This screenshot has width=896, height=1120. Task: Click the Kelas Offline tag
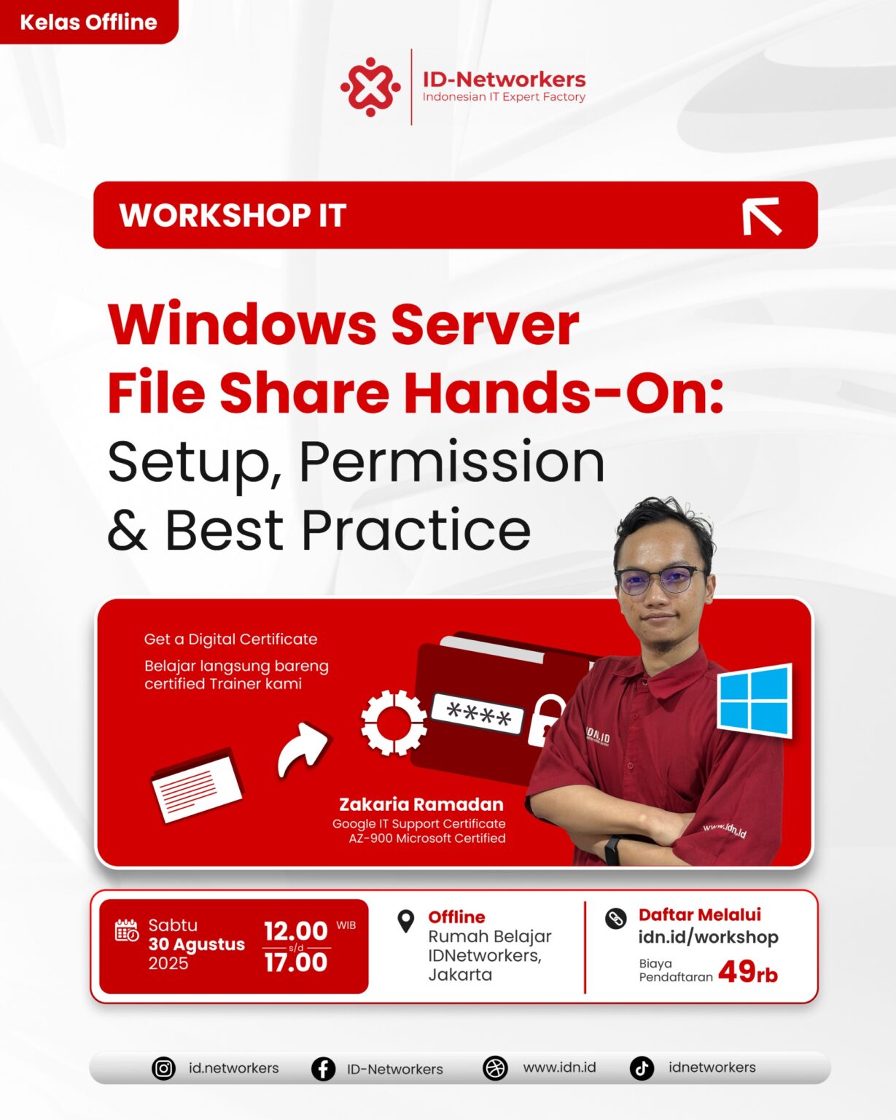pos(88,22)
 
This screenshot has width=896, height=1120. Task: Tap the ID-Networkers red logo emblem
pos(370,87)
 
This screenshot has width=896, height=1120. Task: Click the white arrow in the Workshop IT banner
pos(761,216)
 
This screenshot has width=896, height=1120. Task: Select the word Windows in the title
pos(241,324)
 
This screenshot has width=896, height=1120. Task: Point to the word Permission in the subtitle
pos(452,462)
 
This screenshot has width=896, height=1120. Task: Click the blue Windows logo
pos(754,700)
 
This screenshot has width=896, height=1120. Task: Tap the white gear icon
pos(394,722)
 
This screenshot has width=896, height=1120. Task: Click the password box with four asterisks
pos(478,714)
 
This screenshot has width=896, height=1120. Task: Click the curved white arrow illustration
pos(303,750)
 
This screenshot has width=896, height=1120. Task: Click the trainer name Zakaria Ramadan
pos(421,804)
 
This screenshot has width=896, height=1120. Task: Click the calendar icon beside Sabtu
pos(127,930)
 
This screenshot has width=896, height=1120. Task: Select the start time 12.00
pos(295,931)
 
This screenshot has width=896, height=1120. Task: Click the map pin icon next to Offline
pos(405,920)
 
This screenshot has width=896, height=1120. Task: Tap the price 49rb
pos(747,972)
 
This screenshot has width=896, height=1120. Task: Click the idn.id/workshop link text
pos(708,937)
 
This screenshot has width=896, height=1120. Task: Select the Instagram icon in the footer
pos(163,1068)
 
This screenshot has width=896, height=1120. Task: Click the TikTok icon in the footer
pos(642,1068)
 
